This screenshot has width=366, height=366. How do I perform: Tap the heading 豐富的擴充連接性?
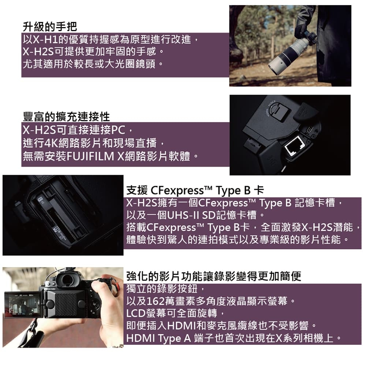(x=66, y=117)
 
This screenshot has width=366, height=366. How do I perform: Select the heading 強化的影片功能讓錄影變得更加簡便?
(x=214, y=276)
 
